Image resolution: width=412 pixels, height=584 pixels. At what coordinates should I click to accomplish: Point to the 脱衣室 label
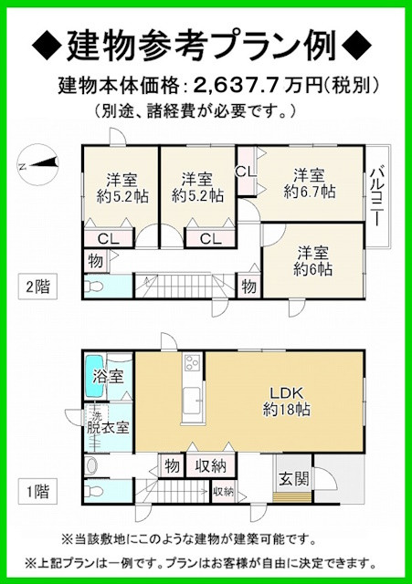(x=108, y=425)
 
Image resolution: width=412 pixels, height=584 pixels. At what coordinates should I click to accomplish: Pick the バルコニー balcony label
(x=377, y=193)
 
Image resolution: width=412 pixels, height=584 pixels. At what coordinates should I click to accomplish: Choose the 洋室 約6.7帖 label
(x=309, y=183)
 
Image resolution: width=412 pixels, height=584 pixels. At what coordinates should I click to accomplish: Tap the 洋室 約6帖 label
(x=313, y=262)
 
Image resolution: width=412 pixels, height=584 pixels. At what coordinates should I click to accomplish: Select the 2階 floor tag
(x=37, y=286)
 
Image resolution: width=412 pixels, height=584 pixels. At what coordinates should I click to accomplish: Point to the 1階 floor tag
(x=37, y=492)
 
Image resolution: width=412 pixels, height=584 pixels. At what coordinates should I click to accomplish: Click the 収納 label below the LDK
(x=209, y=466)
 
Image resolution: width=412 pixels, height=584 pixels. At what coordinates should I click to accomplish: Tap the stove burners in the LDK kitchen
(x=193, y=363)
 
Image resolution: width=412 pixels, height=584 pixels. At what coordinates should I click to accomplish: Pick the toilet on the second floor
(x=102, y=283)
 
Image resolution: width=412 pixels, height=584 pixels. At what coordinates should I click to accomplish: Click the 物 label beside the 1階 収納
(x=172, y=466)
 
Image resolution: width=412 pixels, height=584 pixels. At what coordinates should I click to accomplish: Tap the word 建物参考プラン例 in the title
(x=206, y=43)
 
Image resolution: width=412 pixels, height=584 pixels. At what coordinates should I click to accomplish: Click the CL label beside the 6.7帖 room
(x=245, y=170)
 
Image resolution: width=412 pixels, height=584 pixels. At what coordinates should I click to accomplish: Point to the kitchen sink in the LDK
(x=193, y=399)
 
